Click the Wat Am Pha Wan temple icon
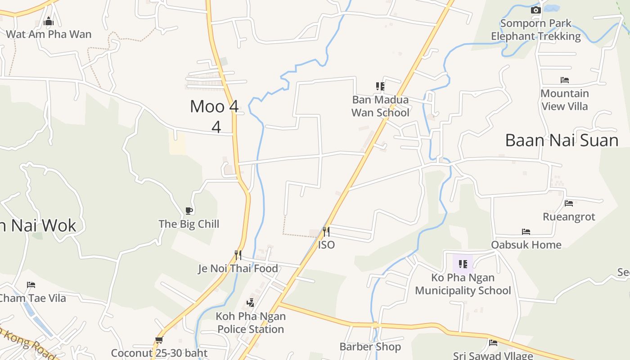(x=49, y=21)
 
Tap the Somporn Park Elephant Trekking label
(x=535, y=30)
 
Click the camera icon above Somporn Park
(x=535, y=10)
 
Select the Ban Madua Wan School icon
(x=380, y=86)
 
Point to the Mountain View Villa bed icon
(x=565, y=80)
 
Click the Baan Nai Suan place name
(x=562, y=140)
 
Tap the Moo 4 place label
(x=214, y=107)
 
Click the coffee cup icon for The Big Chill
(x=189, y=211)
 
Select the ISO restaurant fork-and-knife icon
(x=326, y=232)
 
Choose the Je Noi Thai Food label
(x=238, y=269)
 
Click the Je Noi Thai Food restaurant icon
(x=238, y=255)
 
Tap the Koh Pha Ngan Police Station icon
(x=251, y=303)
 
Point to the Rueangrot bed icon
(x=569, y=203)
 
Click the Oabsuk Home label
(x=526, y=245)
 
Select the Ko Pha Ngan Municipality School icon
(x=463, y=264)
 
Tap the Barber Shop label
(x=370, y=347)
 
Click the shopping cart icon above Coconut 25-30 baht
(x=159, y=340)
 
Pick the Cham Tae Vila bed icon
(x=31, y=285)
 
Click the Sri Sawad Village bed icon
(x=493, y=343)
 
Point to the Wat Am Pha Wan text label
(x=49, y=34)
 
